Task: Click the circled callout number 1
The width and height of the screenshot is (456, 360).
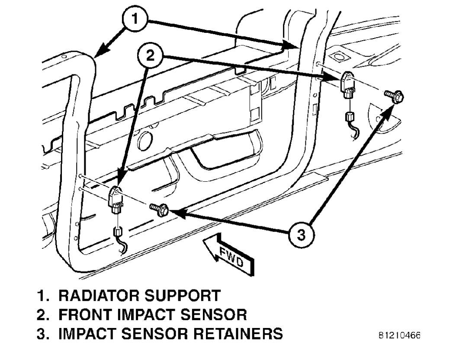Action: (x=135, y=19)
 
